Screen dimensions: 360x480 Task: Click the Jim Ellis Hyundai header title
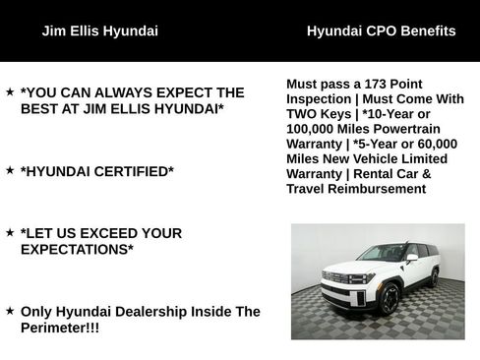pos(99,30)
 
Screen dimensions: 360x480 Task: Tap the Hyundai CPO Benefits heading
pos(381,30)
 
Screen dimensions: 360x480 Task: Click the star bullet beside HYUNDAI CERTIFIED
pos(10,170)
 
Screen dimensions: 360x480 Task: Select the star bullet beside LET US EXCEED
pos(10,232)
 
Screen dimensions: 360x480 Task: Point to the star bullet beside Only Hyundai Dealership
pos(10,311)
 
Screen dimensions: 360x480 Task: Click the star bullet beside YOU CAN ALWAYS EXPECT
pos(10,91)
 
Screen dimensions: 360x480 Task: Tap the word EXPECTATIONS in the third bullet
pos(77,250)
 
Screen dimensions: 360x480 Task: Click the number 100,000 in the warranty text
pos(314,129)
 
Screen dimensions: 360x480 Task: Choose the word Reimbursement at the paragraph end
pos(377,188)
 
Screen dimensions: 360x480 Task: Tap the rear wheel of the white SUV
pos(433,278)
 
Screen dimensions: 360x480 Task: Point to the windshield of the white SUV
pos(380,253)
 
